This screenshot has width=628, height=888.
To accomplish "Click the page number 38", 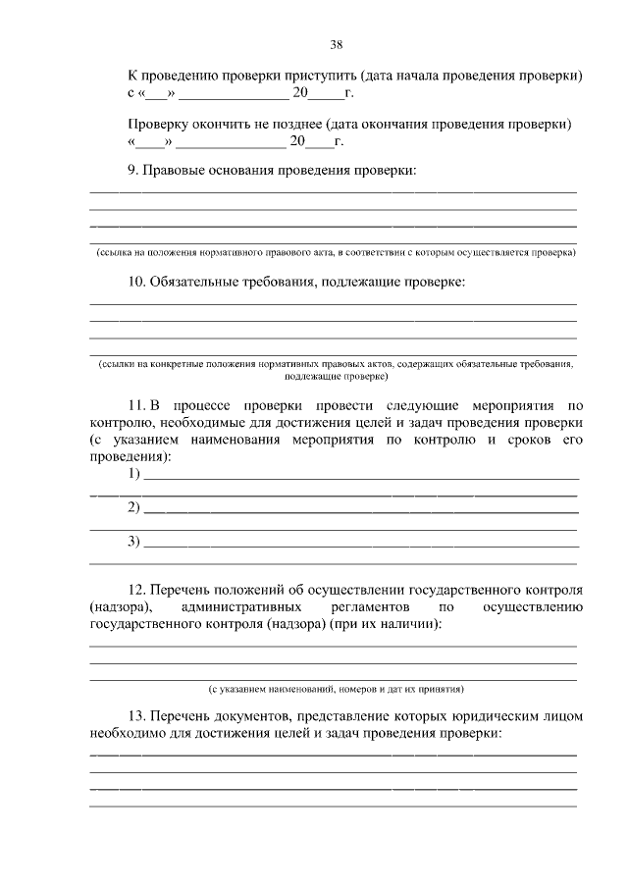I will pyautogui.click(x=337, y=44).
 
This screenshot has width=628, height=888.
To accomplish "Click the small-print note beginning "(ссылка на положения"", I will pyautogui.click(x=335, y=252).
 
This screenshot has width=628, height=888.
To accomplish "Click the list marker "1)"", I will pyautogui.click(x=134, y=474).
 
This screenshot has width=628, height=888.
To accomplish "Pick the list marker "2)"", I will pyautogui.click(x=134, y=507).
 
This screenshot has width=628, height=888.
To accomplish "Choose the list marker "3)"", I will pyautogui.click(x=134, y=542).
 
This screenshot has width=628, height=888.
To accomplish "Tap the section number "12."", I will pyautogui.click(x=138, y=590).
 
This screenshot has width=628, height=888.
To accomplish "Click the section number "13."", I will pyautogui.click(x=138, y=716).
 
